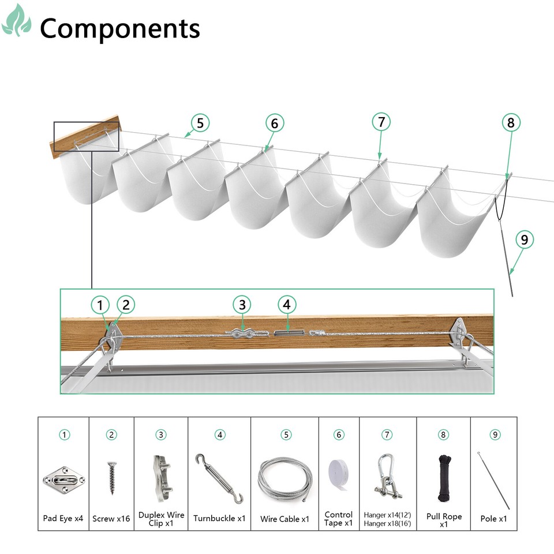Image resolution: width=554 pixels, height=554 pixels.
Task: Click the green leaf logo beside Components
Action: tap(17, 21)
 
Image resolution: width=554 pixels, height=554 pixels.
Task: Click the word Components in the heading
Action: tap(119, 28)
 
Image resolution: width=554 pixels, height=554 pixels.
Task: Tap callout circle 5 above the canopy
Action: tap(200, 123)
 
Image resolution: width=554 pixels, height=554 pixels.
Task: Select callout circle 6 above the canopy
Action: tap(275, 123)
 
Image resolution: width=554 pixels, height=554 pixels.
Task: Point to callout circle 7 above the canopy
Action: tap(381, 122)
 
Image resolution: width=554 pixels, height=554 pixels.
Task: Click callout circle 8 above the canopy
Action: tap(511, 122)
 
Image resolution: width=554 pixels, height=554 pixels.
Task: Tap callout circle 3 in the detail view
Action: tap(242, 304)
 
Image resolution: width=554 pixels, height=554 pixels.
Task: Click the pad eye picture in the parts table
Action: tap(63, 478)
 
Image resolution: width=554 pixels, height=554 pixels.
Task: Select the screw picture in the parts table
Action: tap(111, 478)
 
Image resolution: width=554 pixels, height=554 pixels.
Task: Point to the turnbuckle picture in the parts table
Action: tap(219, 478)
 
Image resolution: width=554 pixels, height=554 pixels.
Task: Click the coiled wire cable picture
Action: tap(285, 478)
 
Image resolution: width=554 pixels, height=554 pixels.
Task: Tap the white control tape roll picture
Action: tap(339, 475)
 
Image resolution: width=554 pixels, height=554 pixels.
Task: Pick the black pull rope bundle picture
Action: tap(444, 476)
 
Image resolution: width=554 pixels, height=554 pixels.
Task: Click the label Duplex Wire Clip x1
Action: tap(161, 519)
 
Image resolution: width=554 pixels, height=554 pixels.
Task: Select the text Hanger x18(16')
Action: tap(387, 523)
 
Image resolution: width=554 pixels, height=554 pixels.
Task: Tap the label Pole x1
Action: tap(493, 519)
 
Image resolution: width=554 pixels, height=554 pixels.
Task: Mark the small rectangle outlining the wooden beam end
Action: tap(86, 137)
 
